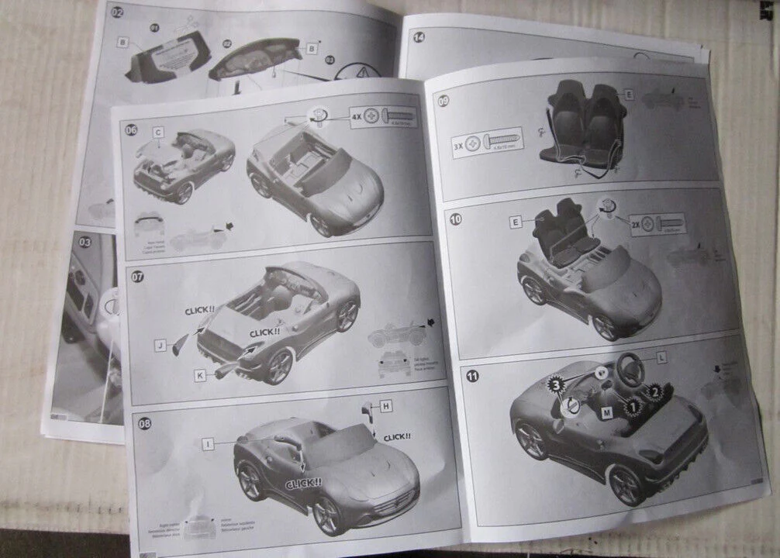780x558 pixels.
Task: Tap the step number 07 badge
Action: (x=137, y=277)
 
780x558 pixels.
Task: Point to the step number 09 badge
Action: (x=443, y=100)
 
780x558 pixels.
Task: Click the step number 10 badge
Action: (x=456, y=219)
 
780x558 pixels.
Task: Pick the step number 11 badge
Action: (x=472, y=376)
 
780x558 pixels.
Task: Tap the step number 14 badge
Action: (x=419, y=36)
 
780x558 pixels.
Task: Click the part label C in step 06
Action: (x=157, y=133)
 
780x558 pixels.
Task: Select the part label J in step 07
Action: (x=160, y=346)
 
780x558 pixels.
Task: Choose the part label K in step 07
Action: (x=200, y=375)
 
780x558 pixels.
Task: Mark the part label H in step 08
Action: (x=385, y=405)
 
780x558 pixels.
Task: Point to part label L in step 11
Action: (x=661, y=357)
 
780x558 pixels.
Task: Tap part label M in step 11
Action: (x=606, y=413)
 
